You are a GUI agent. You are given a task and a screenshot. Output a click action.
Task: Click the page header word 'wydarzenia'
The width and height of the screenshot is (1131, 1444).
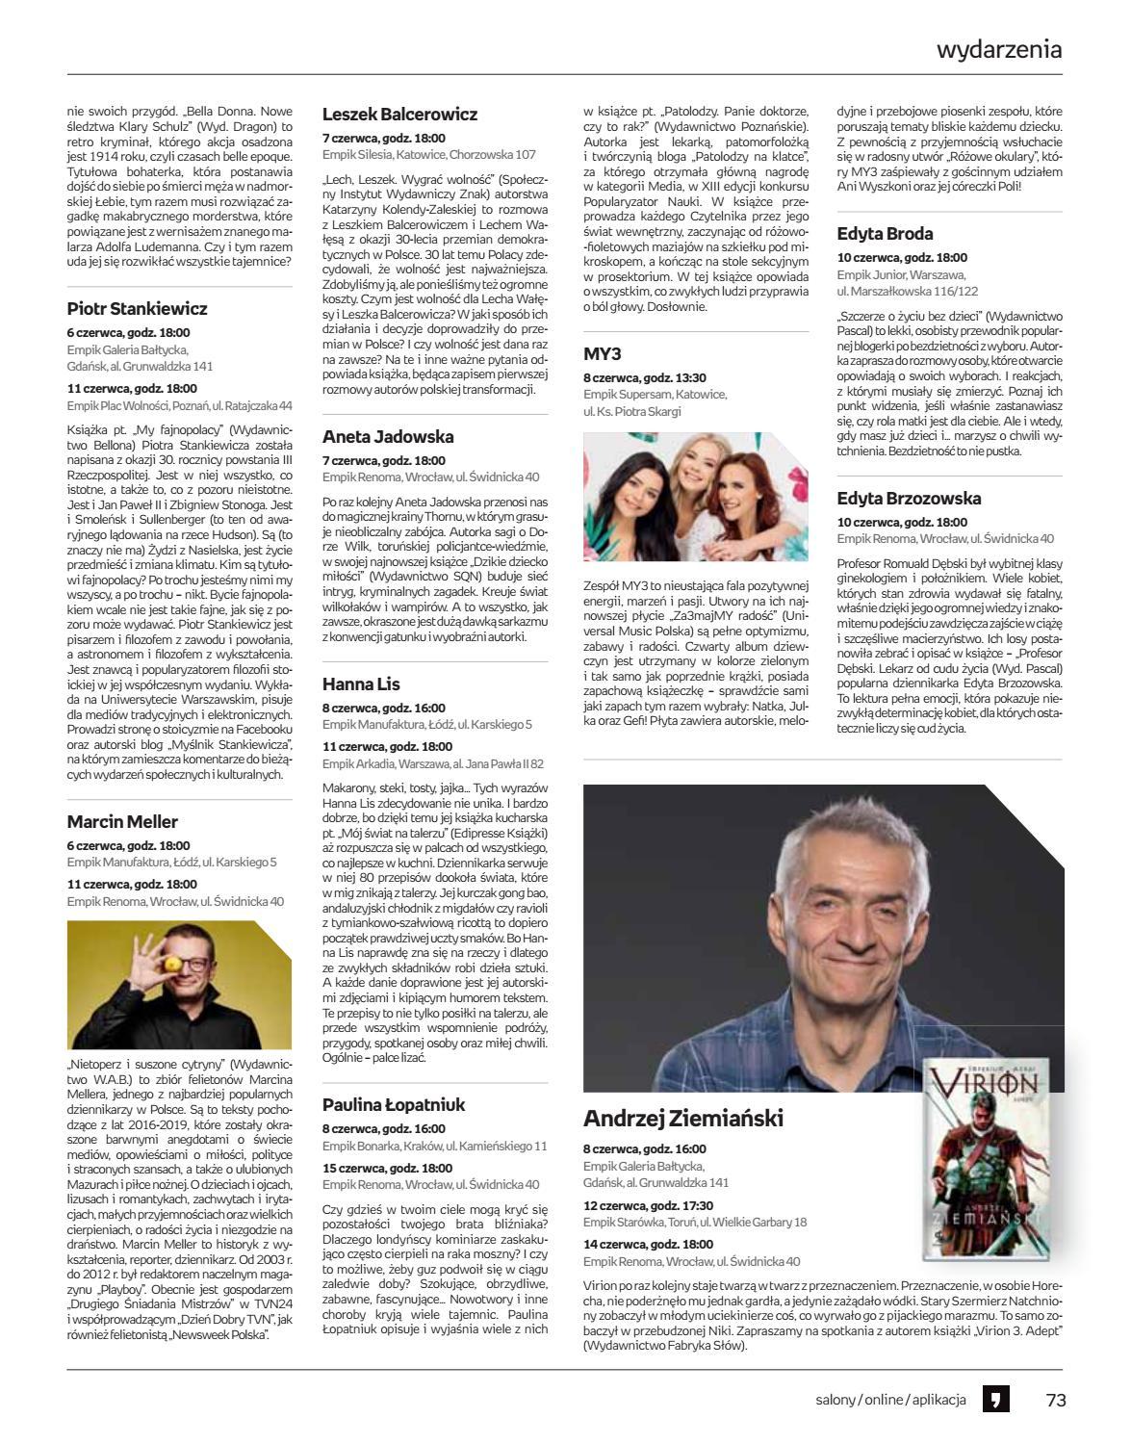click(999, 50)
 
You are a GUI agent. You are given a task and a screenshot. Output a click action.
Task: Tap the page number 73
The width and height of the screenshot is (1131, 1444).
click(1056, 1400)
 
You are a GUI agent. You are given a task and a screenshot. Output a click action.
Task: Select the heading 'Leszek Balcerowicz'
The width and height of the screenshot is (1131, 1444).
click(399, 114)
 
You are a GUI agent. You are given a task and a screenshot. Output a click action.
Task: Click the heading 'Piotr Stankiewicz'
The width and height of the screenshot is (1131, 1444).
click(137, 309)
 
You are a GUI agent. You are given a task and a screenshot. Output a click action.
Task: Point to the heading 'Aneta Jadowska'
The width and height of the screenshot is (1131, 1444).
click(388, 436)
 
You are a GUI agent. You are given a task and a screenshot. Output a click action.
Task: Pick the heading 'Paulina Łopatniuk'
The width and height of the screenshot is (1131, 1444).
click(394, 1104)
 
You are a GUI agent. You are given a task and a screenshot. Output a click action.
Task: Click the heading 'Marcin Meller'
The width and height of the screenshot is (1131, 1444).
click(122, 821)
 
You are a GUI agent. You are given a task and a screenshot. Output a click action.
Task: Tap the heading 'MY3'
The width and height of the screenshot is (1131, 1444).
click(603, 353)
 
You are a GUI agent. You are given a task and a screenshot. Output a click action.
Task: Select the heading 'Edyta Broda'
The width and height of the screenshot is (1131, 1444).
click(885, 233)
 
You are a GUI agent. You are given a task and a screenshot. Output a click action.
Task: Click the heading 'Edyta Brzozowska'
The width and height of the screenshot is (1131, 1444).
click(909, 498)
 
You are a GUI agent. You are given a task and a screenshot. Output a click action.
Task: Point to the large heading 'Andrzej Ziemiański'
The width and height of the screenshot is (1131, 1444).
click(682, 1119)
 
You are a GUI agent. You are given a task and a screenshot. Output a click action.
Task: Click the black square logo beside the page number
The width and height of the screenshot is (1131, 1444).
click(995, 1400)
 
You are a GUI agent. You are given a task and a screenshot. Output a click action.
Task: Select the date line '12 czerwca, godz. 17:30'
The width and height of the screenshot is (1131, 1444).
click(648, 1205)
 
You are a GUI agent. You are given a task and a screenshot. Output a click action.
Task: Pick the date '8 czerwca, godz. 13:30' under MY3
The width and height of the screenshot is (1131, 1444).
click(644, 378)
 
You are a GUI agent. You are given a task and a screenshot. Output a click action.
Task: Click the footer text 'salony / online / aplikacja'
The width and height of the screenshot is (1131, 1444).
click(889, 1400)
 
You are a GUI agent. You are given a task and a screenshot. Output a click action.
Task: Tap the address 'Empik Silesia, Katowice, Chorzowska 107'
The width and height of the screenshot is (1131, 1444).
click(428, 154)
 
